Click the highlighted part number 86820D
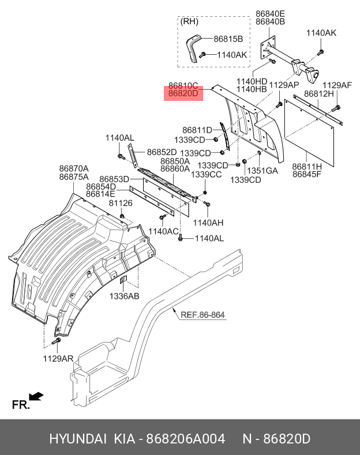183,94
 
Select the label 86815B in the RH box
228,39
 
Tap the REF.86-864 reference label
202,315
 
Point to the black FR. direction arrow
36,396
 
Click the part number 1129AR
58,359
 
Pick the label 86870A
73,168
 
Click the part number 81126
121,203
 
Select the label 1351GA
263,171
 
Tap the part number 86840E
270,13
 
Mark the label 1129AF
337,85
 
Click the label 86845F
307,174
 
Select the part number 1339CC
207,175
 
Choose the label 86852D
162,152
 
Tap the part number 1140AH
208,223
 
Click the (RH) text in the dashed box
189,22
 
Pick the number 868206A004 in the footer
186,439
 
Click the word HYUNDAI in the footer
77,439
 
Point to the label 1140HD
252,81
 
